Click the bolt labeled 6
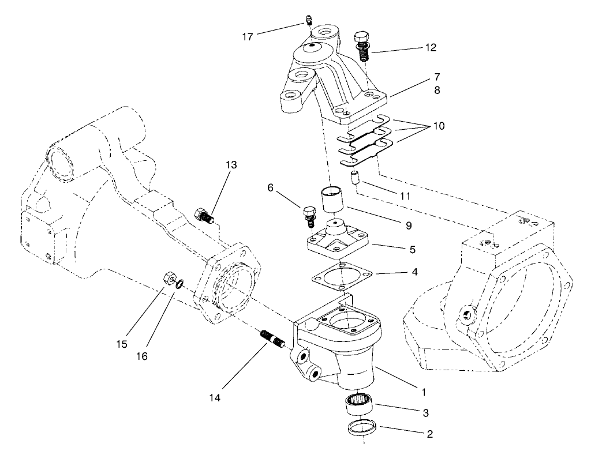[x=307, y=213]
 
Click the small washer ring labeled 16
[x=180, y=283]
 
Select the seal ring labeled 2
[x=362, y=429]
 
